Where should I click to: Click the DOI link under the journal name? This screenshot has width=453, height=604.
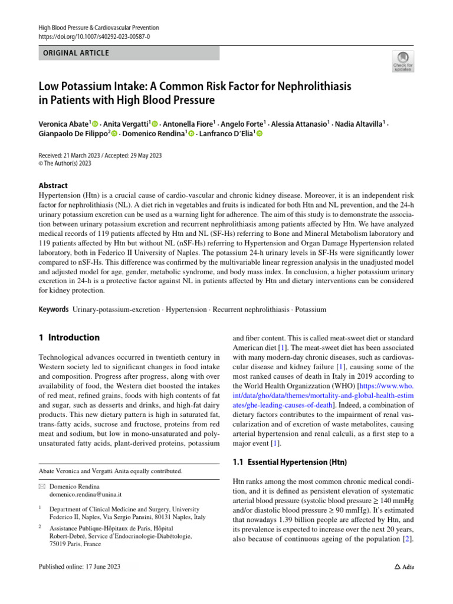[x=94, y=37]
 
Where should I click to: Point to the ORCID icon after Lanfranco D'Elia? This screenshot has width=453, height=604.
[x=258, y=134]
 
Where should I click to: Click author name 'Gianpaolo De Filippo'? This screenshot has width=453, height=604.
[x=72, y=134]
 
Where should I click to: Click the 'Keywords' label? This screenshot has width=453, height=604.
[x=53, y=309]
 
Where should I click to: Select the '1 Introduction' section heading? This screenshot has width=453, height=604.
[x=68, y=338]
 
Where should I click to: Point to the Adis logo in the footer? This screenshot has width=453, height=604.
[x=404, y=567]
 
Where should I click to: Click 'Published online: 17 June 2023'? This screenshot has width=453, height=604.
[x=79, y=567]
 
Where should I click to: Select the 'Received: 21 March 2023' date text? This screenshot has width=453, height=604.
[x=67, y=156]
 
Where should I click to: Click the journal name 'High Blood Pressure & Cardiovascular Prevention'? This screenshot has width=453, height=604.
[x=99, y=28]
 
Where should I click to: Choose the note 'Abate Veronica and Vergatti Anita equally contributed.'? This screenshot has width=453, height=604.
[x=110, y=471]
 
